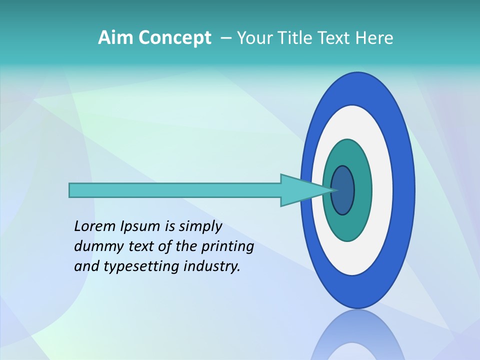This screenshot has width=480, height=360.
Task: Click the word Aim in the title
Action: pos(115,38)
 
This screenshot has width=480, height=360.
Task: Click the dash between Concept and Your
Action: pos(225,38)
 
